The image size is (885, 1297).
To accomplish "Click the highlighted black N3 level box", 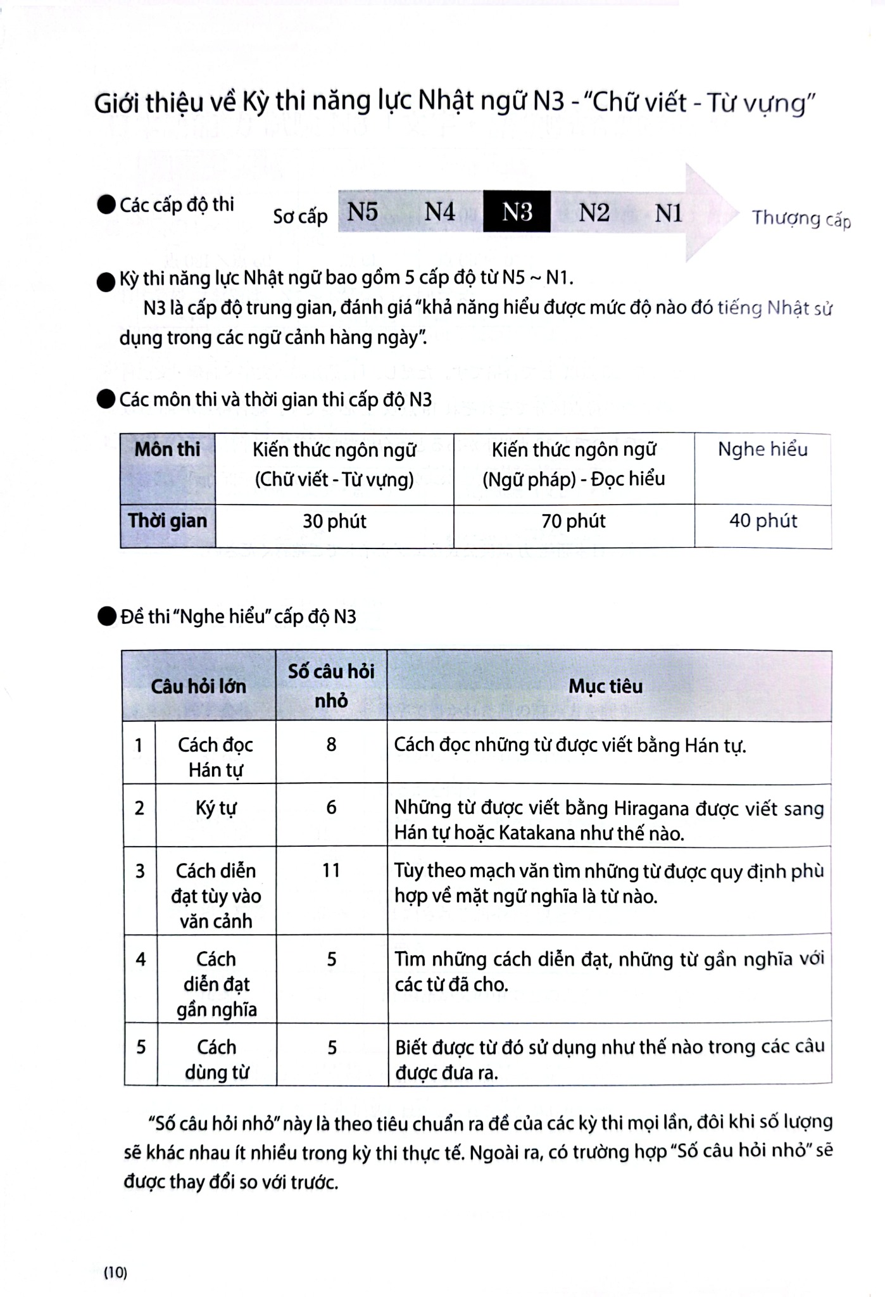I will pos(517,212).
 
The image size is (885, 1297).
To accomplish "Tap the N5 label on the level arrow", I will pos(363,212).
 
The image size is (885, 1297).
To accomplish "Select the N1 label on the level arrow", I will pos(668,213).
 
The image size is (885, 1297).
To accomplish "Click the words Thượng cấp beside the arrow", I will pos(801,219).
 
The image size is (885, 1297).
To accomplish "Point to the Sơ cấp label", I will pos(300,217).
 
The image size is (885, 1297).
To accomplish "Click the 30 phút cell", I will pos(334,521).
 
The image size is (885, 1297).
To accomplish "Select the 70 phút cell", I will pos(574,521).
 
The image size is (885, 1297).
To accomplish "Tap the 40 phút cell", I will pos(763,521).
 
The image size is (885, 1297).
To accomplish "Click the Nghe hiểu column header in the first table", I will pos(762,450).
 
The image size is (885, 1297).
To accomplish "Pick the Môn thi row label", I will pos(167,450).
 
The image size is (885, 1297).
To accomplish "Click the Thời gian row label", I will pos(167,521).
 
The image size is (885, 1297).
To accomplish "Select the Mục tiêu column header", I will pos(605,686).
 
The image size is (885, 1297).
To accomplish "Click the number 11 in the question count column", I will pos(331,870).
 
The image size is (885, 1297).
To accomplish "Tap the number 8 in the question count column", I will pos(331,744).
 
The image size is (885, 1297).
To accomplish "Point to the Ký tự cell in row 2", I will pos(216,808).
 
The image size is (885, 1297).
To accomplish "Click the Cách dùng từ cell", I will pos(216,1060).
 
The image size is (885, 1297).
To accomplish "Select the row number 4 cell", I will pos(141,959).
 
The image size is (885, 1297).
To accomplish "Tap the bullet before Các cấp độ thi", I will pos(106,205).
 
